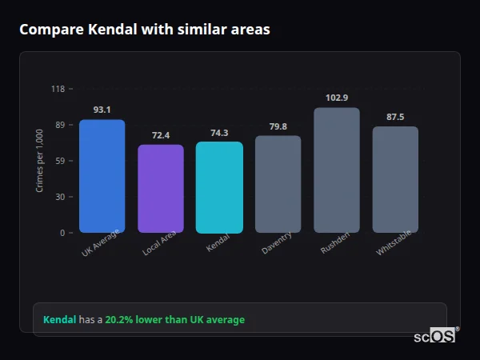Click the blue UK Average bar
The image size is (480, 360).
[102, 176]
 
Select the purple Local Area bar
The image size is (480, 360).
[161, 189]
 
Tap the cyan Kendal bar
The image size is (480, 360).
[219, 187]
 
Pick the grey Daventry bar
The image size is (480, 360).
[278, 184]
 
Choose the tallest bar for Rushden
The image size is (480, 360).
[337, 170]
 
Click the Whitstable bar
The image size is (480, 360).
[395, 179]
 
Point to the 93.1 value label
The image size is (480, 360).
[102, 110]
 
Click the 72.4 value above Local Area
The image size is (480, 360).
[161, 135]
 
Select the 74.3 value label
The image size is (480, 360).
[219, 133]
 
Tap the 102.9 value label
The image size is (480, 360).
[337, 98]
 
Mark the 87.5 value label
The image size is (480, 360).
[395, 117]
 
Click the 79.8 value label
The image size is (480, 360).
[278, 126]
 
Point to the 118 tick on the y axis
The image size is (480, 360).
[58, 89]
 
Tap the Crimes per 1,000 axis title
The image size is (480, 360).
[40, 161]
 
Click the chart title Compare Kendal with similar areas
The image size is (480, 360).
[144, 30]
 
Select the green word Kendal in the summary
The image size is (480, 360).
[59, 320]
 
